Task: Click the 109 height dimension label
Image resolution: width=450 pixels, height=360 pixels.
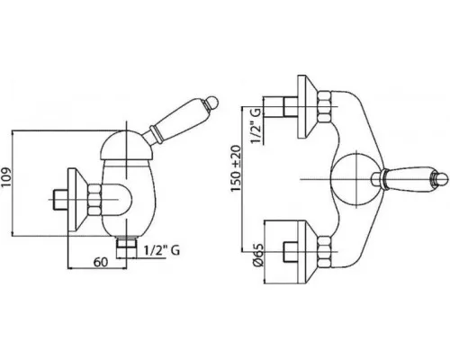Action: (6, 176)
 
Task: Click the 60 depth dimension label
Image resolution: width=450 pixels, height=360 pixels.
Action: (101, 262)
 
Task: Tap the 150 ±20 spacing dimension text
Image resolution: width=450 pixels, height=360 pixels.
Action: (236, 168)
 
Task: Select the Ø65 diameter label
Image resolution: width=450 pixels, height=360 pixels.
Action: (257, 255)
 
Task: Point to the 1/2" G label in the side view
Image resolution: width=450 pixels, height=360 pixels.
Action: (162, 250)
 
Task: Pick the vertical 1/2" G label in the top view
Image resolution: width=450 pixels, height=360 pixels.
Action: (256, 126)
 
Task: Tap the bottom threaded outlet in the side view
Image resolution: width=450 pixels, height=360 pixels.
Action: (126, 247)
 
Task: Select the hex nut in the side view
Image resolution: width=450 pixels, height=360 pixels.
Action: (94, 200)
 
